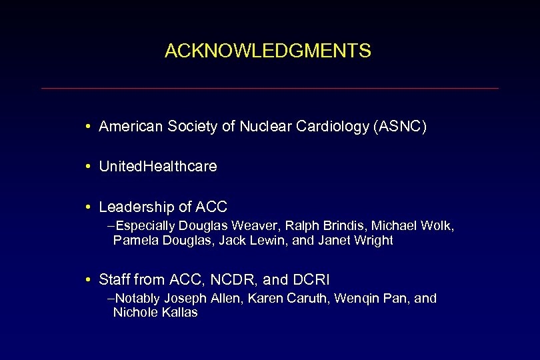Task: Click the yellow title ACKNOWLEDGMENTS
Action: pos(267,51)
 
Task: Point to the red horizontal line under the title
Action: pos(269,88)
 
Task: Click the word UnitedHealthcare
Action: pos(158,167)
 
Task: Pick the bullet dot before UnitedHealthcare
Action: pos(89,167)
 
